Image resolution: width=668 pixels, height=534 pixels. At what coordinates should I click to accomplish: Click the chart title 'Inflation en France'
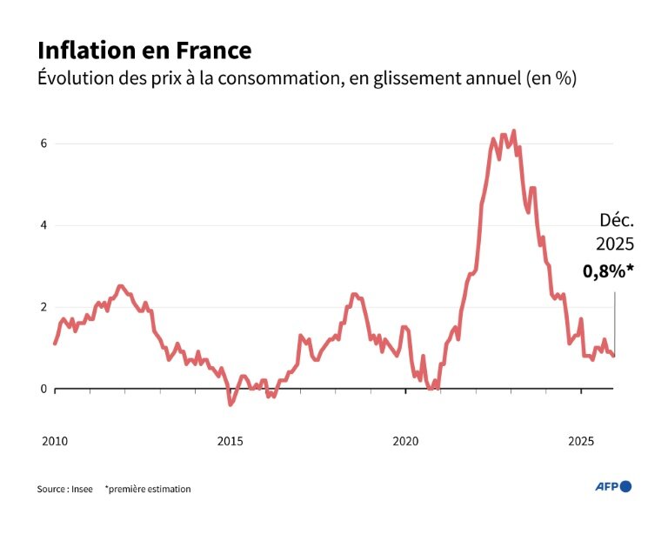[x=144, y=50]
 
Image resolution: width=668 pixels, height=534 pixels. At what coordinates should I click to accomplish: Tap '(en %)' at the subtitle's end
[x=551, y=78]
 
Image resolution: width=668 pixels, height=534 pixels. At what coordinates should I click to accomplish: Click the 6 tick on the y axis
[x=43, y=144]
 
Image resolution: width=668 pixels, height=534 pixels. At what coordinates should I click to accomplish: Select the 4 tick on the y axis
[x=43, y=225]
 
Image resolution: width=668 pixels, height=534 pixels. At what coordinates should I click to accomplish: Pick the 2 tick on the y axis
[x=43, y=307]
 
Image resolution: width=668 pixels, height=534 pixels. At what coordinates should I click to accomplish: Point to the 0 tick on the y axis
[x=43, y=389]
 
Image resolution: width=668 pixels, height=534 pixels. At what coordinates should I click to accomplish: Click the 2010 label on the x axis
[x=54, y=441]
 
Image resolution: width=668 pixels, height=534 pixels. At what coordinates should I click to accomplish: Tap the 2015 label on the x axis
[x=230, y=441]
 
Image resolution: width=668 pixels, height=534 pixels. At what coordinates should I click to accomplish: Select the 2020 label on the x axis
[x=405, y=441]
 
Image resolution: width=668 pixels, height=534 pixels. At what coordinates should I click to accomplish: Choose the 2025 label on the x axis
[x=581, y=441]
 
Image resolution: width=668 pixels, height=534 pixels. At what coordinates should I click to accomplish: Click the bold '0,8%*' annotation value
[x=608, y=270]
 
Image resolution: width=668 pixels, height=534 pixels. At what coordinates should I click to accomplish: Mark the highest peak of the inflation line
[x=514, y=131]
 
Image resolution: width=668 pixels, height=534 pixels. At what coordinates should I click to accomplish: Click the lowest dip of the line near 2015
[x=230, y=404]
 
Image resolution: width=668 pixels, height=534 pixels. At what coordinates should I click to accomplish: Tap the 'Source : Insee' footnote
[x=64, y=489]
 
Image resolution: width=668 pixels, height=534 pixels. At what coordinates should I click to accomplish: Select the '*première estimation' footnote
[x=148, y=489]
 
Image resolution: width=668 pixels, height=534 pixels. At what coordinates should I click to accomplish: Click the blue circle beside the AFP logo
[x=626, y=486]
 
